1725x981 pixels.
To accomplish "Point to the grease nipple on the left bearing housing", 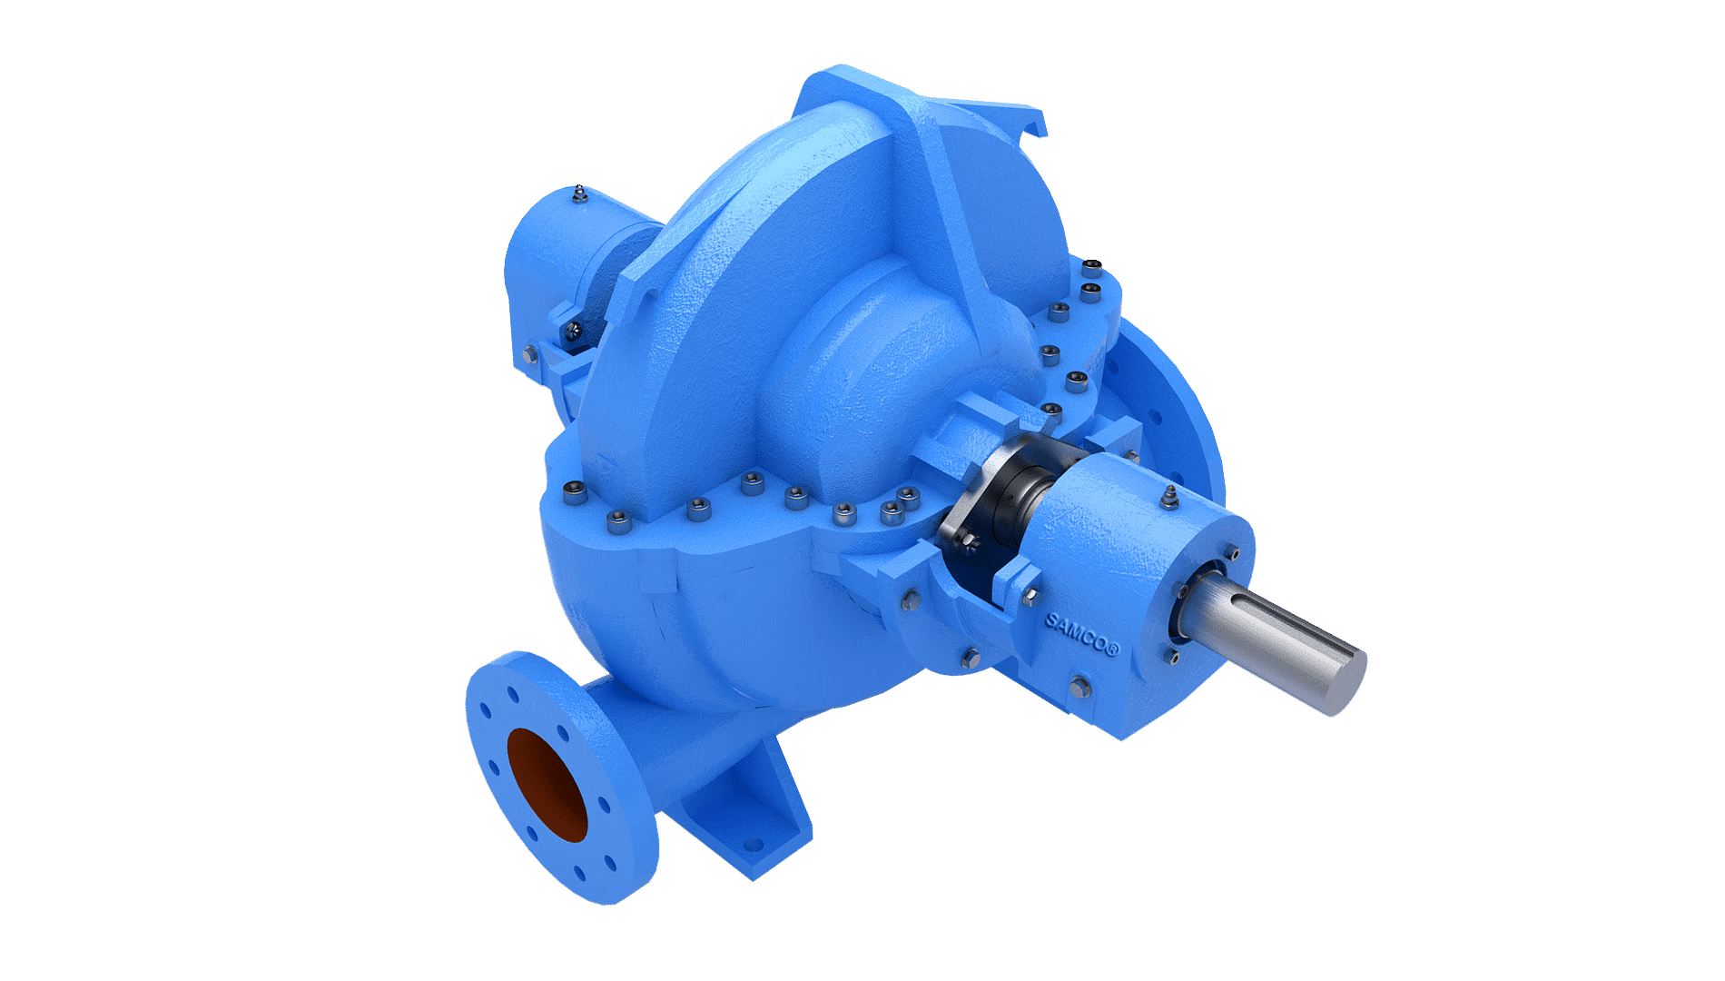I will coord(578,195).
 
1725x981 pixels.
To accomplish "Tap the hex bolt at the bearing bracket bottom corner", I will coord(1079,687).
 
